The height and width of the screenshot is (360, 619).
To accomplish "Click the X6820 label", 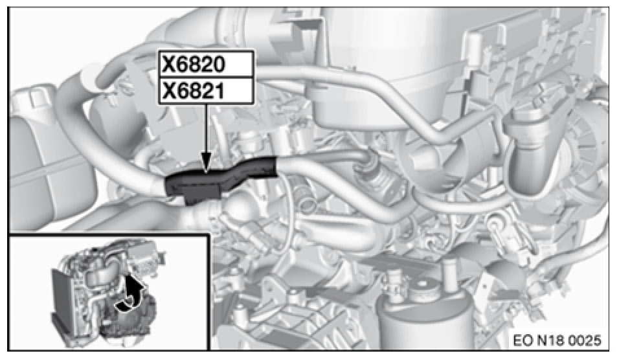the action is pyautogui.click(x=194, y=64).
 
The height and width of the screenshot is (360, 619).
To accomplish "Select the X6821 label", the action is pyautogui.click(x=194, y=91).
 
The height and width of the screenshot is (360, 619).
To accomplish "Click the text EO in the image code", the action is pyautogui.click(x=523, y=341).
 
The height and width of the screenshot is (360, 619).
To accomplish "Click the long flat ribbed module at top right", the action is pyautogui.click(x=533, y=59).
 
